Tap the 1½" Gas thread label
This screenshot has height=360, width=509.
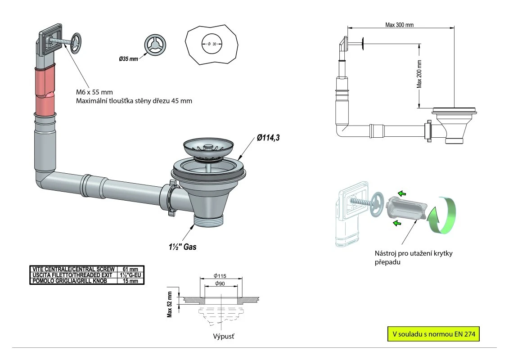click(x=180, y=247)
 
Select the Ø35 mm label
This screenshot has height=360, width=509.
click(x=129, y=59)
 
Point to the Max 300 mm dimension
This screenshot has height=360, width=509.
click(x=399, y=25)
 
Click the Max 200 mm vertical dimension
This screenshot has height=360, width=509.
click(x=419, y=74)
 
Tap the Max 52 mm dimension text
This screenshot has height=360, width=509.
click(x=170, y=304)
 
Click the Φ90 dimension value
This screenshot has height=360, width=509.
click(x=220, y=283)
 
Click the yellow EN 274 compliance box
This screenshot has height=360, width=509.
click(x=433, y=334)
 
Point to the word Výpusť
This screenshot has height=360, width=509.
click(x=223, y=336)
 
